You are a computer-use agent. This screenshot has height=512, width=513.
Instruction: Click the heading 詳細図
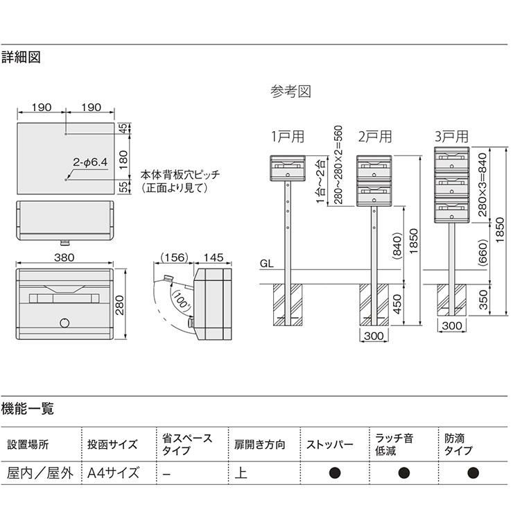point(21,58)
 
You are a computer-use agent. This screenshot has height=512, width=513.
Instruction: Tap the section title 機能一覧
point(28,409)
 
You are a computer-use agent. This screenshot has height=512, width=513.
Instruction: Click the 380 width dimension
point(64,255)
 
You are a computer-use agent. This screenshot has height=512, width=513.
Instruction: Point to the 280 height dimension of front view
point(123,305)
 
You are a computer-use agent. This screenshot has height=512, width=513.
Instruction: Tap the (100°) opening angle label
point(184,302)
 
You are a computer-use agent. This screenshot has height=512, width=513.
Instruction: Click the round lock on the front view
point(64,323)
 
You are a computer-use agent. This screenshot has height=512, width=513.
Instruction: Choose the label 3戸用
point(451,136)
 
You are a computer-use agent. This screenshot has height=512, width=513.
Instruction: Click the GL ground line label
point(267,264)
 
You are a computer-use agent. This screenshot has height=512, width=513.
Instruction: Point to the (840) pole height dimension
point(397,245)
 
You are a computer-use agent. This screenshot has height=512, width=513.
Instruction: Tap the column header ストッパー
point(329,445)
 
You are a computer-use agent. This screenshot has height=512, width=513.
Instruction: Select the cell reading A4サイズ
point(113,474)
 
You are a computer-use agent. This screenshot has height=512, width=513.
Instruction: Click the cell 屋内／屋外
point(38,474)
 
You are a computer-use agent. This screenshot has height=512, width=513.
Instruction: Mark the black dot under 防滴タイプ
point(473,474)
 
